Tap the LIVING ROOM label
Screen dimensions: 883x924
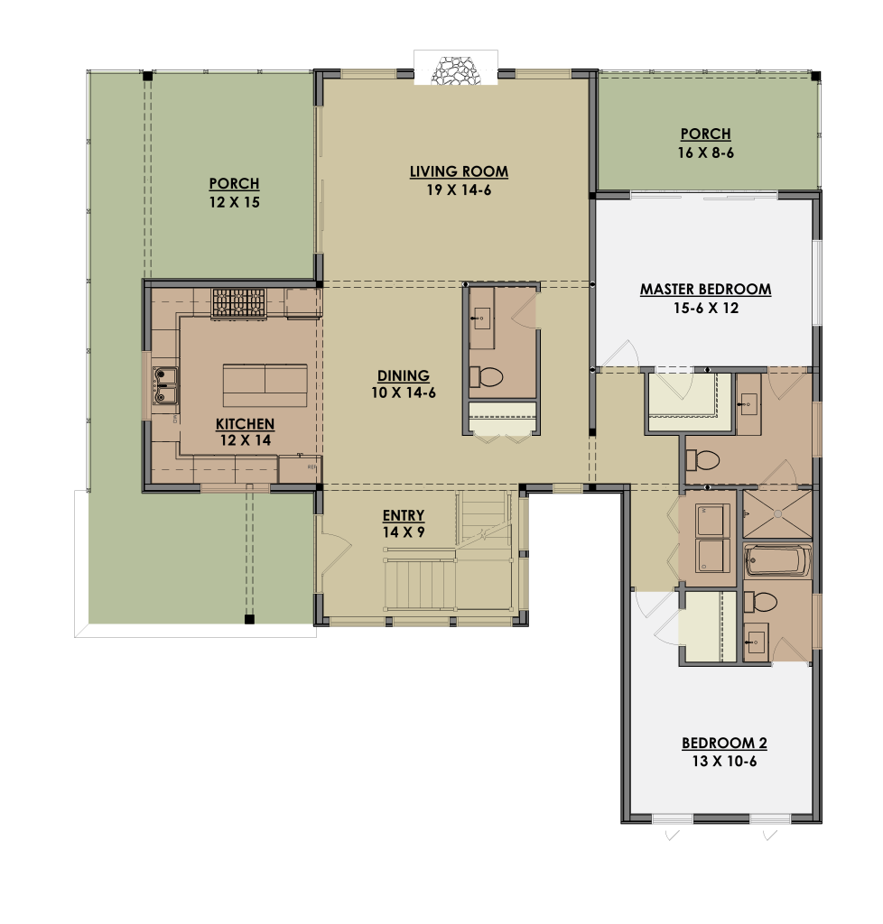coord(459,171)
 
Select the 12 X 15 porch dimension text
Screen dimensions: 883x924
coord(234,202)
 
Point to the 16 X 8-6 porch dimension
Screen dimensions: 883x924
coord(705,152)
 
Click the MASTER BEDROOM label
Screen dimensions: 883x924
coord(705,290)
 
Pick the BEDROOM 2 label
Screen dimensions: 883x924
coord(724,744)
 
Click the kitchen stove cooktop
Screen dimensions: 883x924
coord(238,303)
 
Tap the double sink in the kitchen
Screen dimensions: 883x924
coord(165,386)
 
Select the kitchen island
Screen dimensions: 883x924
coord(265,385)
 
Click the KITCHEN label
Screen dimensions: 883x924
coord(245,424)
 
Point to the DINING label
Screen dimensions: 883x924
coord(404,376)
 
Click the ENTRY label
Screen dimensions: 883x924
coord(404,515)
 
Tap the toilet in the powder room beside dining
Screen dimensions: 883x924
coord(487,377)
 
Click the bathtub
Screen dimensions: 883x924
coord(777,560)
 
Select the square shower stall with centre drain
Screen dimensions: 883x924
coord(777,513)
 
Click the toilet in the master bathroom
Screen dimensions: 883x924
coord(702,460)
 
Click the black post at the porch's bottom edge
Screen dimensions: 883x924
coord(249,619)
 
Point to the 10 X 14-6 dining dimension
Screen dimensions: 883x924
coord(404,393)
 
